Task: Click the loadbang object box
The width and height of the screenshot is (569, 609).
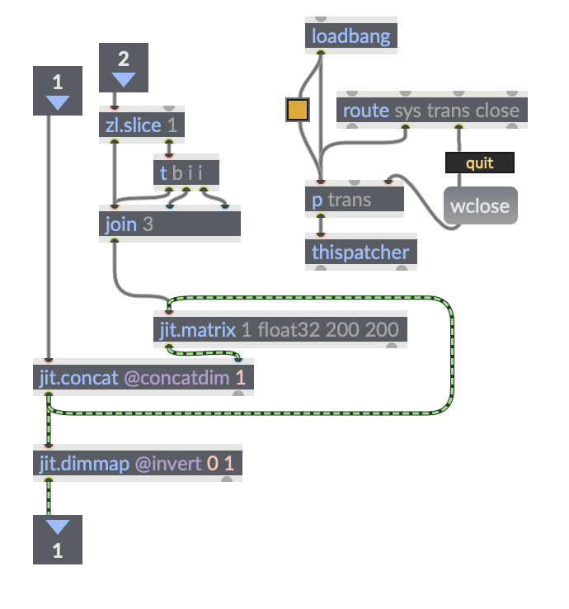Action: click(x=350, y=36)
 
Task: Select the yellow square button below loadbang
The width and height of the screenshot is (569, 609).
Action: click(x=297, y=110)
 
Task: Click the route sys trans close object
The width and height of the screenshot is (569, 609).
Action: click(x=431, y=111)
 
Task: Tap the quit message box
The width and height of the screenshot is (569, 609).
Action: click(x=479, y=163)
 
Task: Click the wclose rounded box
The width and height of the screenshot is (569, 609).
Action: click(x=480, y=205)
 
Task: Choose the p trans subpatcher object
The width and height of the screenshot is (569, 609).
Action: click(x=354, y=200)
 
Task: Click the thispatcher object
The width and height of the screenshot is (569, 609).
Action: click(x=360, y=253)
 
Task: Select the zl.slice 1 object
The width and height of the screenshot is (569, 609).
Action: click(x=141, y=125)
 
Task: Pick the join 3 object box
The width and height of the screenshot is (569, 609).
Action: click(x=169, y=224)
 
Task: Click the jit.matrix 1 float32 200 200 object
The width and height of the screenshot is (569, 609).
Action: click(x=280, y=330)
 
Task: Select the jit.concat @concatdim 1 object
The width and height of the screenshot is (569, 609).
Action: click(x=143, y=378)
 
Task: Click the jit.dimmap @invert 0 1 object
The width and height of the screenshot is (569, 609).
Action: click(x=137, y=464)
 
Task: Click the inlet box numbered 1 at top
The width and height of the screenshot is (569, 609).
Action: click(x=58, y=90)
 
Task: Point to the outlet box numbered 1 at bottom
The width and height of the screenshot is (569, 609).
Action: click(x=58, y=540)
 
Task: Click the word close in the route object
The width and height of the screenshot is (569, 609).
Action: click(x=497, y=111)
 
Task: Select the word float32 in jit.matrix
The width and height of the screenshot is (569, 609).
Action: click(x=289, y=330)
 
